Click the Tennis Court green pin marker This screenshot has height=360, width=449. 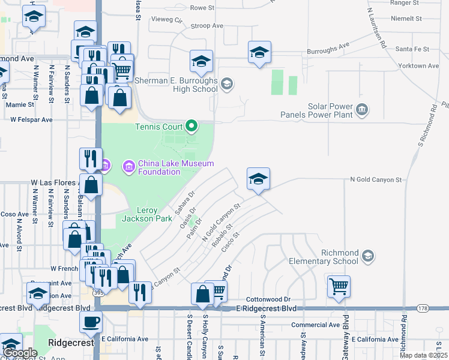[191, 126]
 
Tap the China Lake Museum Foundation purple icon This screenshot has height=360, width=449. [128, 164]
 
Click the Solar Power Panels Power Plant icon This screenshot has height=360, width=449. [362, 109]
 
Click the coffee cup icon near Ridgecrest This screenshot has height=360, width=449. [91, 322]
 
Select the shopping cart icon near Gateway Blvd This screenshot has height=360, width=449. [339, 286]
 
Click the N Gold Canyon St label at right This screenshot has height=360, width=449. [376, 179]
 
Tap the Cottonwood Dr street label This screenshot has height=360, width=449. [268, 299]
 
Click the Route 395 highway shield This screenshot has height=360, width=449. [98, 292]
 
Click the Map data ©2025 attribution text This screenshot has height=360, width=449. [424, 355]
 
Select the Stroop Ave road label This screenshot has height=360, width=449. [206, 26]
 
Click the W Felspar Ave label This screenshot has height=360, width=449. [31, 119]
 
